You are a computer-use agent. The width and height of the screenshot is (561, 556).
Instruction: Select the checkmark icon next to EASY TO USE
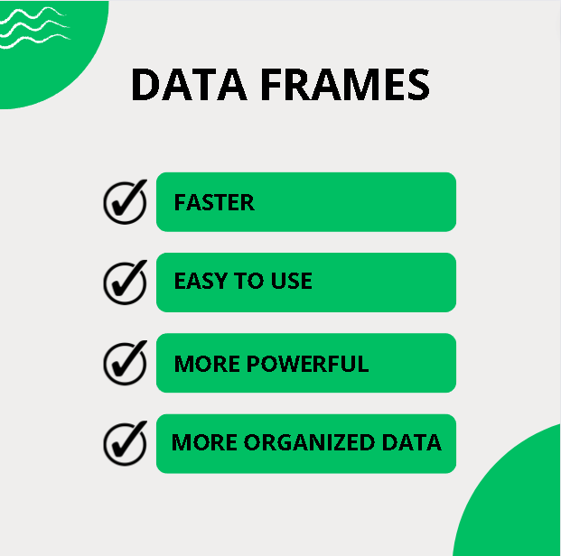click(125, 281)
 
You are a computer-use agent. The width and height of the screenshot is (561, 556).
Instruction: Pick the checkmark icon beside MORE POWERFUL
click(125, 362)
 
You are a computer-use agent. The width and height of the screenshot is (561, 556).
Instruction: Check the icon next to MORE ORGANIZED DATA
click(125, 442)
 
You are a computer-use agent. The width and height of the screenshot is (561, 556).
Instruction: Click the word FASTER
click(214, 202)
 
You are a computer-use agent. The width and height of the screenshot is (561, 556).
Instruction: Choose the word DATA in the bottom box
click(410, 443)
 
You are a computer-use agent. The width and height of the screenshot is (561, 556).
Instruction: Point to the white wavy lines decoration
click(34, 27)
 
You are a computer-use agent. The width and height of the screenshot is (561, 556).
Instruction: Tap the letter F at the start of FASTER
click(180, 202)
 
